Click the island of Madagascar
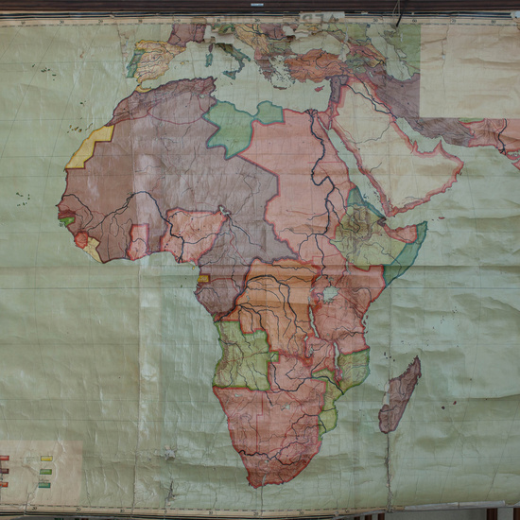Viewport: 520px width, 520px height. [x=400, y=395]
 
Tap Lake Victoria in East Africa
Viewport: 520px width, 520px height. [x=330, y=295]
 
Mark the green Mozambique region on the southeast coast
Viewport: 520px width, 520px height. [x=352, y=369]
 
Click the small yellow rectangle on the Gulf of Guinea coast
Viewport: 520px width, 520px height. [x=203, y=278]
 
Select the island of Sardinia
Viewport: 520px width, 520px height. [x=210, y=57]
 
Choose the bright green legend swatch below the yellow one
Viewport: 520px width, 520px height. [x=45, y=472]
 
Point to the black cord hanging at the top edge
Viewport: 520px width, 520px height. [x=399, y=13]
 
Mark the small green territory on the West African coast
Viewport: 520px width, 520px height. [x=68, y=221]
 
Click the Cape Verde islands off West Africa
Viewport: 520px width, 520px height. [x=21, y=198]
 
